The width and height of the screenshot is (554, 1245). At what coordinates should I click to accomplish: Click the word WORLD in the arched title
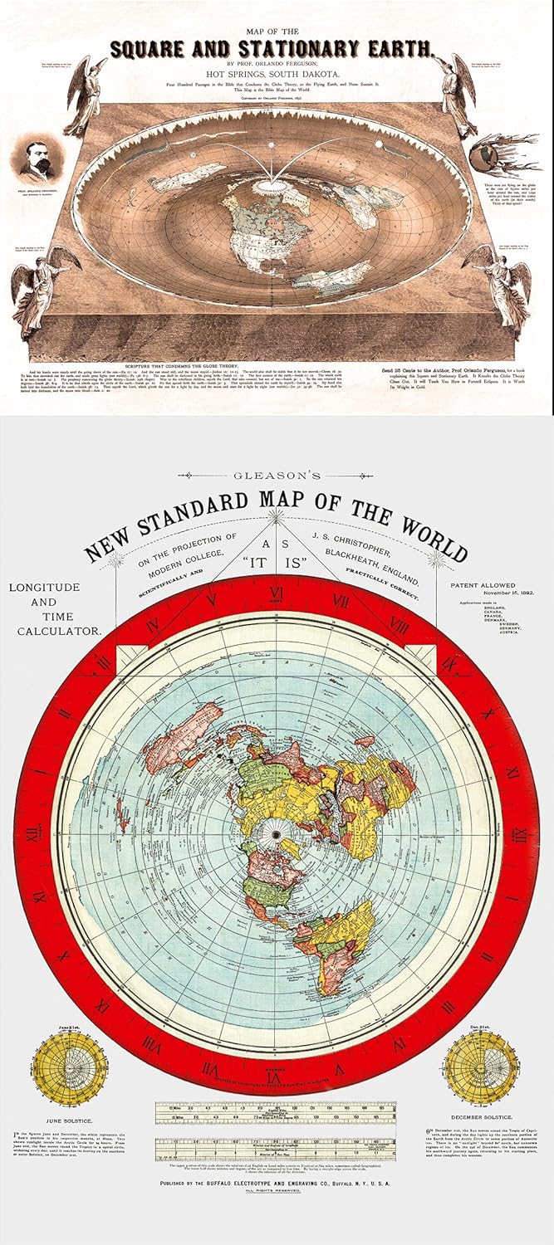(x=423, y=532)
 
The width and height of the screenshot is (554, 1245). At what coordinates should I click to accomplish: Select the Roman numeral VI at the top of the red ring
(x=277, y=593)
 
